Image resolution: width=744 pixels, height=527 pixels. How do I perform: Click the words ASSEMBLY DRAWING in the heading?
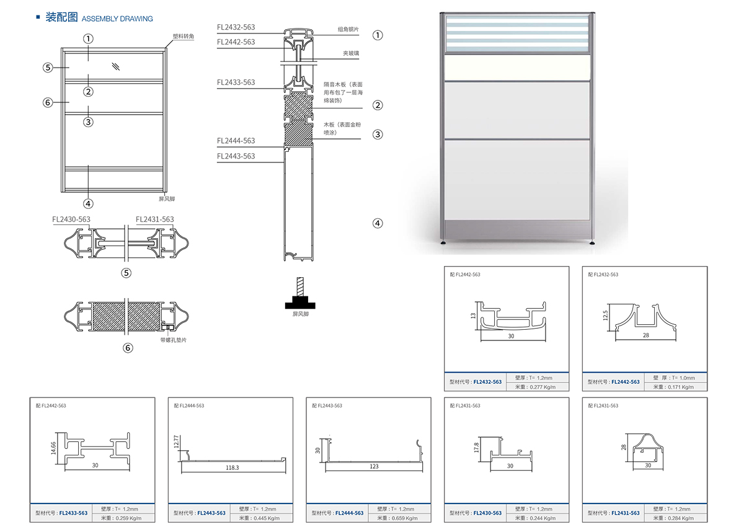(x=117, y=19)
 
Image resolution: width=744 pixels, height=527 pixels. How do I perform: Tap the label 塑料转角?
(x=184, y=37)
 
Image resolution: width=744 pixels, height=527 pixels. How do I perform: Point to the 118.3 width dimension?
(x=232, y=467)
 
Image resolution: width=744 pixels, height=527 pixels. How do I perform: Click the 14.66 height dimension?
(x=54, y=446)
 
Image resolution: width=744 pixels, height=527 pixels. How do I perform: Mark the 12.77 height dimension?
(x=176, y=441)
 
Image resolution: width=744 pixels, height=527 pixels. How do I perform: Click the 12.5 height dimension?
(x=606, y=316)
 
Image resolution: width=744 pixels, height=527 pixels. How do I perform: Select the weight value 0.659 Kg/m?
(x=403, y=518)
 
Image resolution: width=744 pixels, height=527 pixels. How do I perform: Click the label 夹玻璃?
(x=351, y=53)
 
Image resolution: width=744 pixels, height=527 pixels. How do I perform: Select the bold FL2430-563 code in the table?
(x=487, y=513)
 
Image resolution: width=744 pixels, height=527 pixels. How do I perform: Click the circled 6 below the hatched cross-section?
(x=128, y=348)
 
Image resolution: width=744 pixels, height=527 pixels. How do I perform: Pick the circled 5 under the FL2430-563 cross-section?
(x=127, y=273)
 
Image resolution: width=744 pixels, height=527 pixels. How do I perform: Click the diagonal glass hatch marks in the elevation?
(x=116, y=66)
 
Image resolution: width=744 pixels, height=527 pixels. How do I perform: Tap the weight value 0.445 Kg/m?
(x=265, y=518)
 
